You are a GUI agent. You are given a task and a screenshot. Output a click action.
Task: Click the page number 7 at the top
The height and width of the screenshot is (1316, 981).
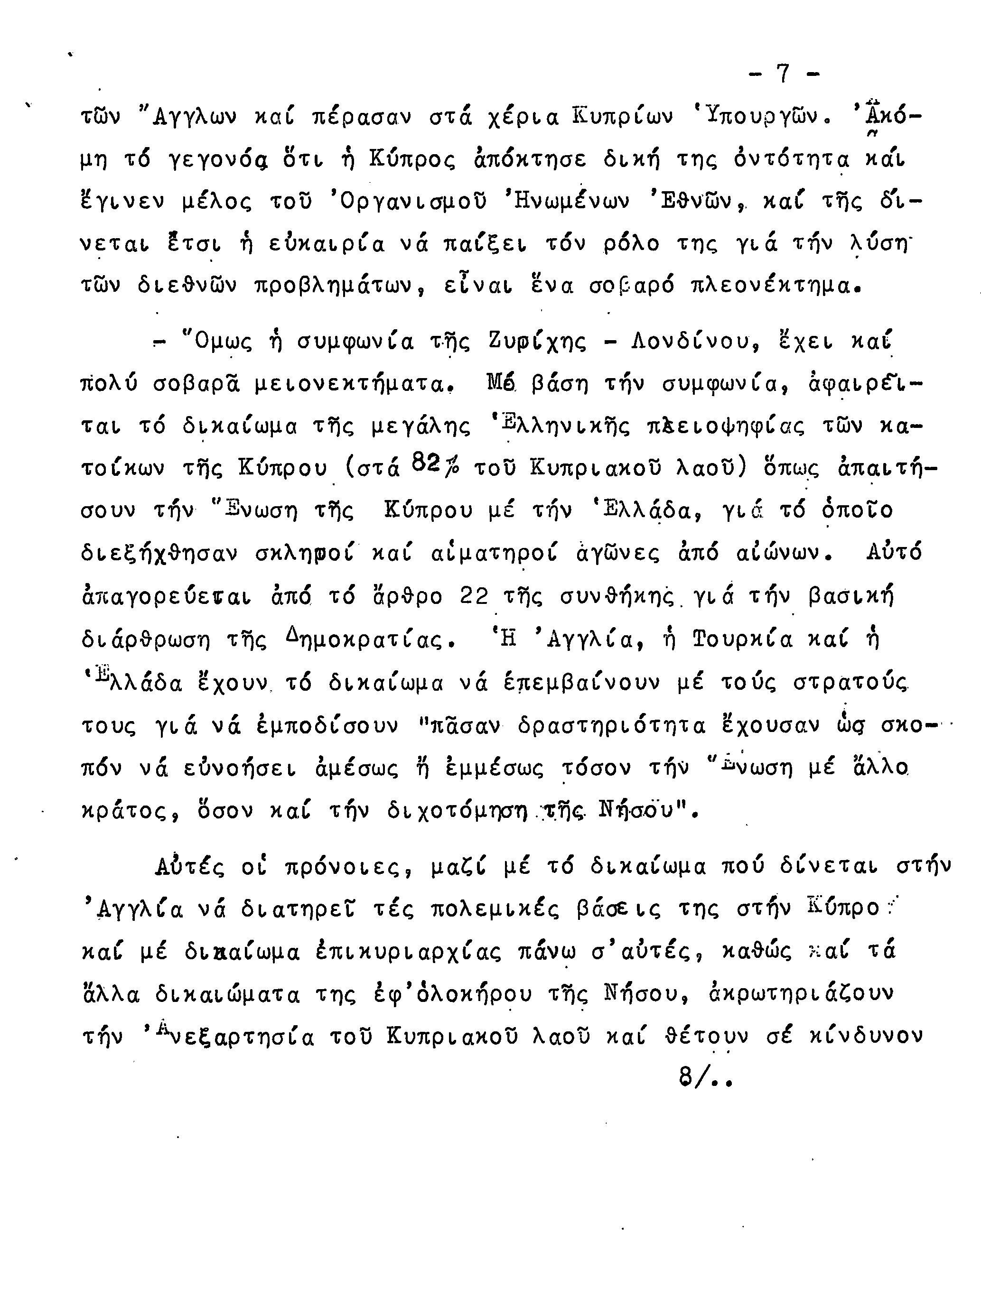(x=783, y=74)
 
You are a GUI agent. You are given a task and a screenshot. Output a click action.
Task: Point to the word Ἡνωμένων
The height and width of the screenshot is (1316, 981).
(x=565, y=202)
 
